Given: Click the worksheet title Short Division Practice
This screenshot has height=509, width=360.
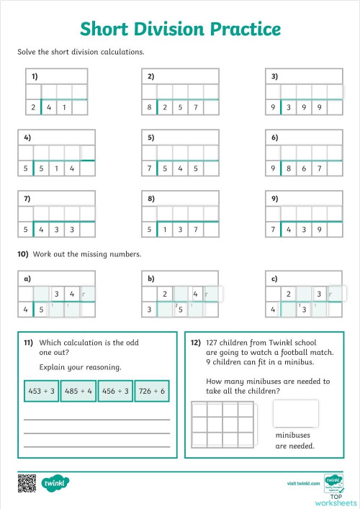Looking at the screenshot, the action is (x=180, y=29).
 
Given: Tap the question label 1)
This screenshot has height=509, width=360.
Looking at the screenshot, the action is (x=35, y=76).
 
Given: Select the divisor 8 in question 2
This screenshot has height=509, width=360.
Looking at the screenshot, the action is (x=150, y=107).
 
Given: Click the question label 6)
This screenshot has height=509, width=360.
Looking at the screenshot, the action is (x=275, y=137).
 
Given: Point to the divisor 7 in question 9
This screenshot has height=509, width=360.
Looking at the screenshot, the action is (x=274, y=230).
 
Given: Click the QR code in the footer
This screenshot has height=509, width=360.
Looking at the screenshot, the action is (x=27, y=482).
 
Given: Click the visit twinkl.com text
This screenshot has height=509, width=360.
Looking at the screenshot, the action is (x=302, y=484).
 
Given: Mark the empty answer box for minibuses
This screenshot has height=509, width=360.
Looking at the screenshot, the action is (x=295, y=414).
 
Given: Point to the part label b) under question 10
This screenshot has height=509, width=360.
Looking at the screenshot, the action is (x=151, y=278).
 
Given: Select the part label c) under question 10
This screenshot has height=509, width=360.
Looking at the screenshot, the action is (x=275, y=278).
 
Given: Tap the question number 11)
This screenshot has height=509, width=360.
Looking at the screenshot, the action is (x=29, y=343).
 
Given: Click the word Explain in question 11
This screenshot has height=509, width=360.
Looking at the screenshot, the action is (x=53, y=367).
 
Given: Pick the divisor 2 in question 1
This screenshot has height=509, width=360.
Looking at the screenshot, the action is (x=32, y=107).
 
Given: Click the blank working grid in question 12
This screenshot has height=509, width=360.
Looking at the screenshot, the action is (x=225, y=425).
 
